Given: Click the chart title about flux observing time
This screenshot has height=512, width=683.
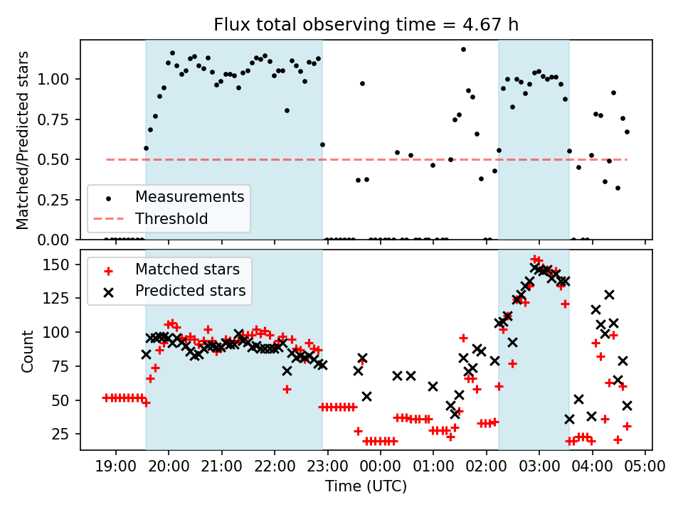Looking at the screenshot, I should tap(366, 25).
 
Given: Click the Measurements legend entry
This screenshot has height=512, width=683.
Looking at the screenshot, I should tap(189, 196).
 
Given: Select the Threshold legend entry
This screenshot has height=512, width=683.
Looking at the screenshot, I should tap(171, 218).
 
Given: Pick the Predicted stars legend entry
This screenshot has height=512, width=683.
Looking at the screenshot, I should tap(190, 291).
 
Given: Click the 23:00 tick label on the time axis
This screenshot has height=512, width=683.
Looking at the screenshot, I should tap(327, 466).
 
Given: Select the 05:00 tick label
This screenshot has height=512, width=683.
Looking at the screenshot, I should tap(645, 466).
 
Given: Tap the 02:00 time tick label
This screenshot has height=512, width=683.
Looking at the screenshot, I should tap(486, 466).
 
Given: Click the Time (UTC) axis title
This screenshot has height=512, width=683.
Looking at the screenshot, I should tap(366, 486).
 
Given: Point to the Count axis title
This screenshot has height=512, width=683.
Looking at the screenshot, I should tap(28, 351).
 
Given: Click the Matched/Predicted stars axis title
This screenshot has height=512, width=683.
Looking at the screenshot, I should tap(23, 140).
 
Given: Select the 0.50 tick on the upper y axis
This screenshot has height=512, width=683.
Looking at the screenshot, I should tap(59, 159).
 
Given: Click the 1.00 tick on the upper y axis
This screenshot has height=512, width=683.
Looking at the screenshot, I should tap(59, 79).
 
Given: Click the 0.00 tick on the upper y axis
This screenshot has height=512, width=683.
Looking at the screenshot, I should tap(59, 240).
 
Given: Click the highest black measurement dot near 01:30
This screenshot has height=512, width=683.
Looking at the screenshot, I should tap(463, 50).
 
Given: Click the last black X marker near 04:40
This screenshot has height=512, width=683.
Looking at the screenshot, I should tap(627, 405).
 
